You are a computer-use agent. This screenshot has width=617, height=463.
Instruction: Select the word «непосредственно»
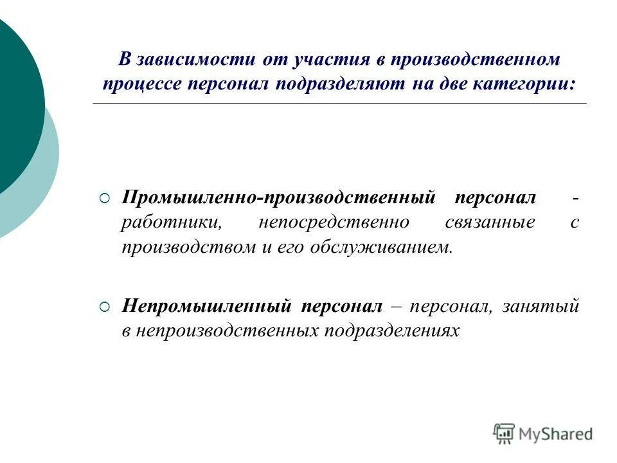coord(334,223)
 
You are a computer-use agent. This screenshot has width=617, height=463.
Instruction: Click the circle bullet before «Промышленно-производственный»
coord(105,197)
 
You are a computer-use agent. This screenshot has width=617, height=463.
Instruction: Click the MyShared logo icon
coord(505,433)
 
